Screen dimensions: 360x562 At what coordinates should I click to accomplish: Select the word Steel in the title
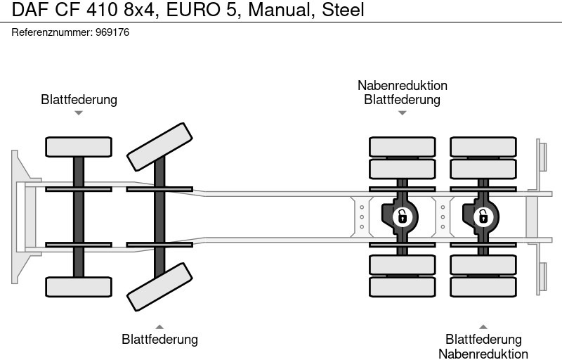click(x=344, y=11)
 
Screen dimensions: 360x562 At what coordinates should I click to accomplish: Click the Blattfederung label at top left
click(x=79, y=99)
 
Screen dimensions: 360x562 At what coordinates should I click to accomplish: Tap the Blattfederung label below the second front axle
click(x=159, y=340)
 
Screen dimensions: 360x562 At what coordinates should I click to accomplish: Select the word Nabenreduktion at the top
click(x=402, y=85)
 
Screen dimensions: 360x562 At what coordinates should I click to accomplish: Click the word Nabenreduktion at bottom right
click(x=483, y=354)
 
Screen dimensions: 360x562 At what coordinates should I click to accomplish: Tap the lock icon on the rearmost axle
click(x=483, y=216)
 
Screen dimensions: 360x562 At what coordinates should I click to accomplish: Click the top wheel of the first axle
click(x=79, y=146)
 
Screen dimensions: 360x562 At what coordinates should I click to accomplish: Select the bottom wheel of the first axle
click(x=79, y=286)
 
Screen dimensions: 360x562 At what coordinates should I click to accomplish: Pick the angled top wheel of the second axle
click(x=159, y=146)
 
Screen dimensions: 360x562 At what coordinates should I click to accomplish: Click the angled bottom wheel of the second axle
click(x=159, y=286)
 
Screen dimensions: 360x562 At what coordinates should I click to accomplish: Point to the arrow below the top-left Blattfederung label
click(x=79, y=112)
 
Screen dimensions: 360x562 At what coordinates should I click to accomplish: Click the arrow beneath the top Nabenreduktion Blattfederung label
click(x=402, y=112)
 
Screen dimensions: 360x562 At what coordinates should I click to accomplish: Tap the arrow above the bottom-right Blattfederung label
click(x=483, y=326)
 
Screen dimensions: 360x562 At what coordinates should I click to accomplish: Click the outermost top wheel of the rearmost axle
click(x=483, y=146)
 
